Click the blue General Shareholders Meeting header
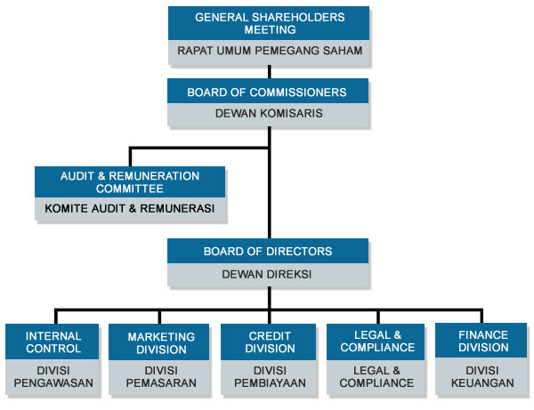click(x=269, y=23)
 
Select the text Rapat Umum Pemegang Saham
click(x=269, y=52)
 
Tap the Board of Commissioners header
click(x=267, y=92)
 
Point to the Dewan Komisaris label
click(x=268, y=114)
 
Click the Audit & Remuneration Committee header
click(x=130, y=182)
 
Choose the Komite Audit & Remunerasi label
click(x=130, y=210)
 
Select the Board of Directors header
click(x=268, y=252)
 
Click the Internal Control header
click(x=53, y=342)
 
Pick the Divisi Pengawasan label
click(x=53, y=376)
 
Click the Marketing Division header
click(x=161, y=342)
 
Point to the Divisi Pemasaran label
click(x=161, y=376)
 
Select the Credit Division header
click(x=270, y=342)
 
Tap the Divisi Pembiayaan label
click(x=270, y=376)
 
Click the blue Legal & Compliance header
click(x=377, y=342)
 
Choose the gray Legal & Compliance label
click(x=377, y=376)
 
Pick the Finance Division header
click(x=482, y=342)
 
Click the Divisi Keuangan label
click(x=482, y=376)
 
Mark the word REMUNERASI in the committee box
click(x=175, y=210)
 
